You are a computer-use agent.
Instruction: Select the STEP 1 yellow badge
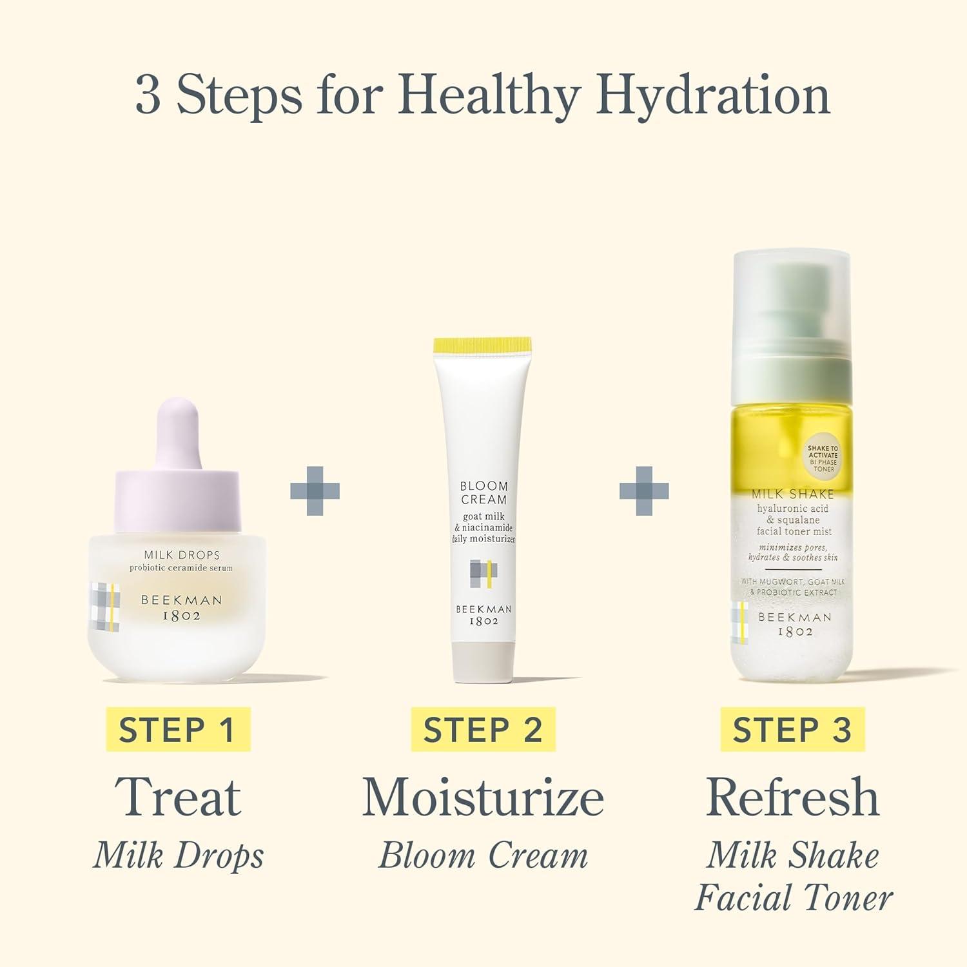178,730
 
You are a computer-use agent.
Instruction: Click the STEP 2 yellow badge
483,730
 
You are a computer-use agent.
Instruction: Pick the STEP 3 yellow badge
792,730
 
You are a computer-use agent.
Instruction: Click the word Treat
178,797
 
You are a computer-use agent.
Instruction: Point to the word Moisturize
484,797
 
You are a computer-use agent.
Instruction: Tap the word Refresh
793,797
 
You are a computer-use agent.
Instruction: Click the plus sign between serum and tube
315,491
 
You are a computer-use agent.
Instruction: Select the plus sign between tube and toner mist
644,491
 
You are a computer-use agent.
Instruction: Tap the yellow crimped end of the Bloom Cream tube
483,345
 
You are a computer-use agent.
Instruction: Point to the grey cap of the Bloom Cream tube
484,662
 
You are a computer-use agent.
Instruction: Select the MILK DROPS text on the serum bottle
182,555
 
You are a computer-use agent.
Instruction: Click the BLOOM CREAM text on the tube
484,493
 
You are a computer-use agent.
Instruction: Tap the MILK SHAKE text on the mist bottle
793,494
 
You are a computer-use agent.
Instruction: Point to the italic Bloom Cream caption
484,855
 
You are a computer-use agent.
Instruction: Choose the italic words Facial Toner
794,897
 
